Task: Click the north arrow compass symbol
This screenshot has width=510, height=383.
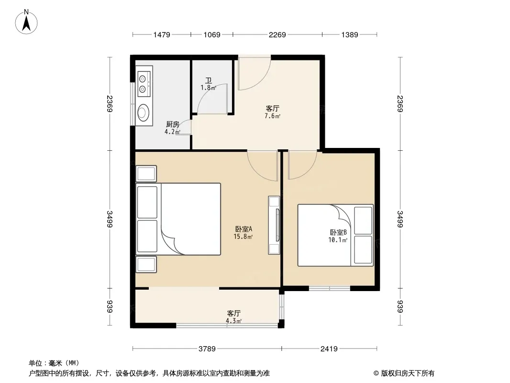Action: pos(26,22)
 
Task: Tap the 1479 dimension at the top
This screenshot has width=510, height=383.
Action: pos(162,34)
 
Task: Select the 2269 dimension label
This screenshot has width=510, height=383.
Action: pos(277,34)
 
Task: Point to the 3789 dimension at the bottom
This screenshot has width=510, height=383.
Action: pos(207,349)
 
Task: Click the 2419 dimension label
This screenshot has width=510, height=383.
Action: pos(329,349)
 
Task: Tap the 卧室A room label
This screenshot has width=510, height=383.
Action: pos(244,229)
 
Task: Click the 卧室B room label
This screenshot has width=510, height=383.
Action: pos(338,232)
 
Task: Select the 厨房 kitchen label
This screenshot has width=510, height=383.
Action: pos(172,124)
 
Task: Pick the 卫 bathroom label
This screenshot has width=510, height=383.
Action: pos(209,80)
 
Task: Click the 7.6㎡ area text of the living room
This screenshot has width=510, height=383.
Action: pos(273,116)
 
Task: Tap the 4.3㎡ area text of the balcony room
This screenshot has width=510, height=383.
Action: pos(234,321)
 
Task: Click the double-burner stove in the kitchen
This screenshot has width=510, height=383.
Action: pos(144,84)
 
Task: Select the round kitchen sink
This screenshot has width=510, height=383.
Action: pos(143,112)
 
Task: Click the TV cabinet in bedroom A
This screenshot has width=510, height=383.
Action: pos(274,225)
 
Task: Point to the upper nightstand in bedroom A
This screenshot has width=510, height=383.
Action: pos(146,174)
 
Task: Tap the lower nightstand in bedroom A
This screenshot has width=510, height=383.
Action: pos(146,264)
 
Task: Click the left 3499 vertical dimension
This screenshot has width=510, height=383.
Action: pos(110,219)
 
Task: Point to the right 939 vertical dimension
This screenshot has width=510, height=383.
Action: pos(400,306)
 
